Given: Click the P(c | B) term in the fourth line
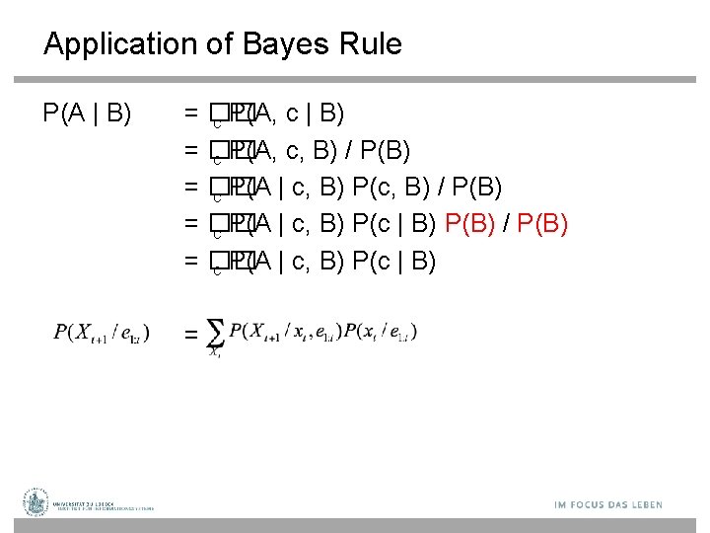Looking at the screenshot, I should point(394,224).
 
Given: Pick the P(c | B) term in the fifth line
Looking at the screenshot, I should point(394,261).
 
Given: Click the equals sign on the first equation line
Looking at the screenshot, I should point(191,114).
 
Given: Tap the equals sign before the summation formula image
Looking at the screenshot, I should point(191,336).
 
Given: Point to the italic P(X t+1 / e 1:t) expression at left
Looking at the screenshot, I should point(102,333).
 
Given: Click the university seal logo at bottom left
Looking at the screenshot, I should point(37,502).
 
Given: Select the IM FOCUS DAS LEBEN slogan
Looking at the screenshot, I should point(608,504).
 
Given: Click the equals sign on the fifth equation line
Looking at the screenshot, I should point(191,261).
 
